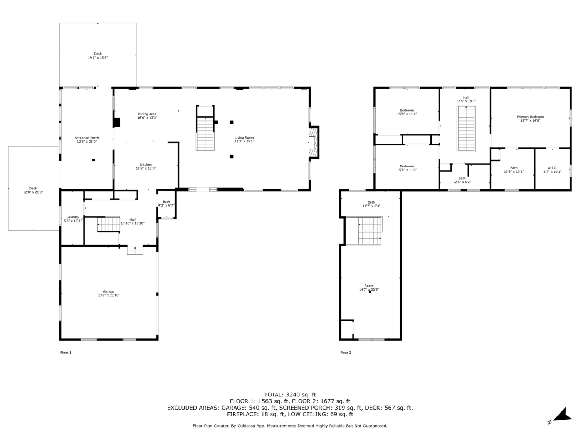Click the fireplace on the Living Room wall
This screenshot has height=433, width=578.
coord(314,142)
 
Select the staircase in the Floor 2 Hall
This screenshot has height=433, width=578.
coord(466,129)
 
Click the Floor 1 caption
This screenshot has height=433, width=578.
coord(66,353)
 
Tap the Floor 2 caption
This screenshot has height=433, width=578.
coord(346,353)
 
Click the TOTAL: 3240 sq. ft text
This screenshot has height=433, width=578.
coord(290,395)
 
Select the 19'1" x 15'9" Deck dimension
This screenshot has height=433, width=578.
coord(98,58)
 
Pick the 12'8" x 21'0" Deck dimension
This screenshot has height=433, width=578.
coord(33,192)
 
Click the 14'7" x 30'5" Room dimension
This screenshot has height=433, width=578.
coord(369,289)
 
